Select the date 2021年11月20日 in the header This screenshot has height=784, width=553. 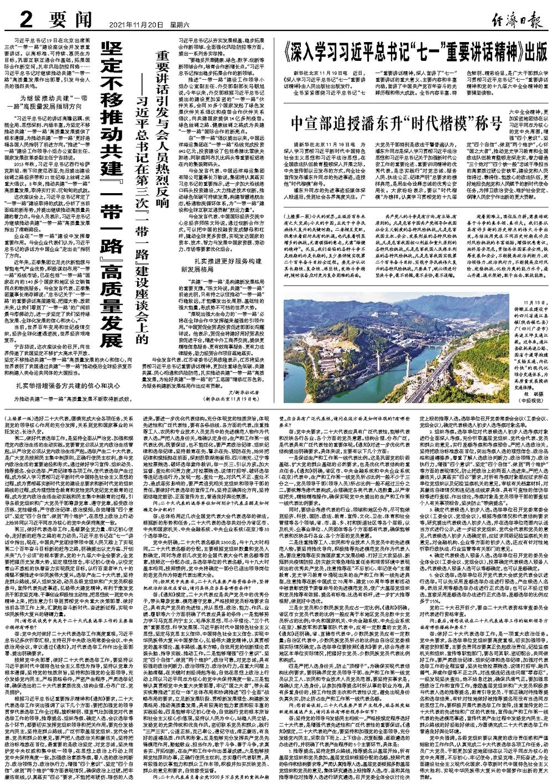coord(132,25)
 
